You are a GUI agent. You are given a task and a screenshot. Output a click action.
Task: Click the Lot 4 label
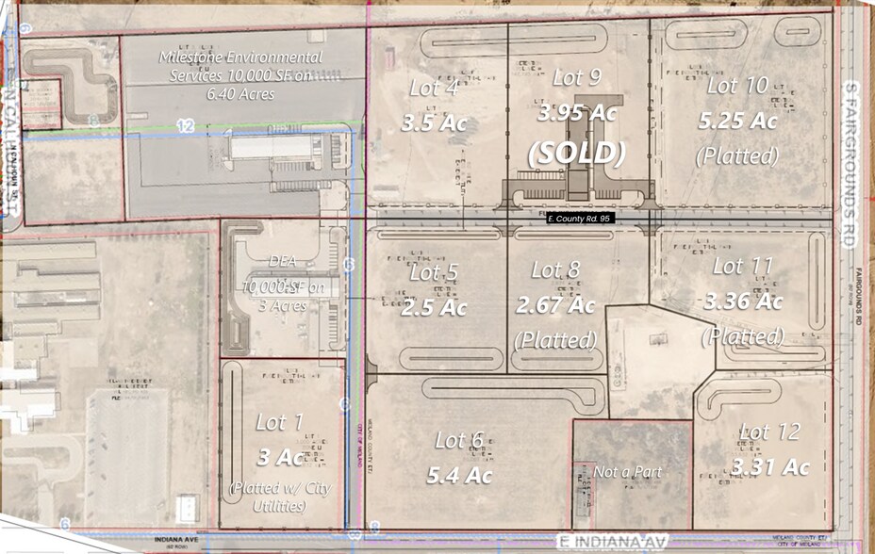pos(434,88)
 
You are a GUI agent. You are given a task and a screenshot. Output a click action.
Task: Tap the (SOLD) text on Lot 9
pos(576,154)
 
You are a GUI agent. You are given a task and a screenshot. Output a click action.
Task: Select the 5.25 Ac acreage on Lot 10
pos(737,121)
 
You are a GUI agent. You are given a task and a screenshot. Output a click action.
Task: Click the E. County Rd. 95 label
pos(581,219)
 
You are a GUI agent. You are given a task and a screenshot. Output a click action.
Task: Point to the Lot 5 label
pos(435,272)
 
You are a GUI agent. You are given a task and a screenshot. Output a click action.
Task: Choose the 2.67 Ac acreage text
pos(555,305)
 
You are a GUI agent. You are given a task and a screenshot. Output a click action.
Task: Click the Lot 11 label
pos(743,266)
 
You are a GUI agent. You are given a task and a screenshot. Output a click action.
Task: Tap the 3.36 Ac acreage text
pos(743,301)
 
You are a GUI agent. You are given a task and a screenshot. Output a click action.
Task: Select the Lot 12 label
pos(769,432)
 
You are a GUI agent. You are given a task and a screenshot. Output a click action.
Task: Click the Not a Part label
pos(628,471)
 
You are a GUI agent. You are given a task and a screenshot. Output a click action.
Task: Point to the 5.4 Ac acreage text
pos(459,476)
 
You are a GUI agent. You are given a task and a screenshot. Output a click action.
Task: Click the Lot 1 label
pos(279,422)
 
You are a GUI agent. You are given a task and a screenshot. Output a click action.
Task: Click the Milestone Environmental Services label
pos(241,66)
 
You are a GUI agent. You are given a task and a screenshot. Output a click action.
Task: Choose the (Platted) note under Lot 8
pos(556,338)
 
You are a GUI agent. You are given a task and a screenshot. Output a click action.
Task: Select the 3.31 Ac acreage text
pos(770,466)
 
